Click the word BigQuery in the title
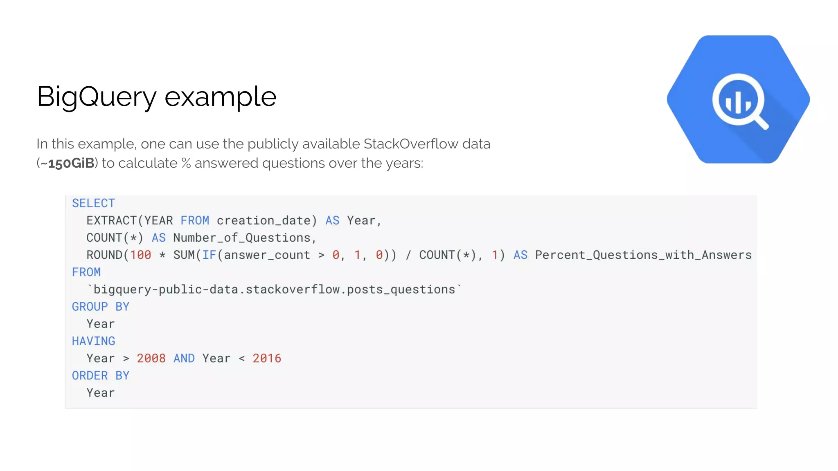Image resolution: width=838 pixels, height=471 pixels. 97,97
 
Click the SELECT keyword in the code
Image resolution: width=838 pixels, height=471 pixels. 93,203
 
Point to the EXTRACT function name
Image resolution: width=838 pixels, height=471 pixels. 111,221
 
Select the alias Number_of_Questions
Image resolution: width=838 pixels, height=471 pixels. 241,238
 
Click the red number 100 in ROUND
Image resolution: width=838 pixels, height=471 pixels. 140,255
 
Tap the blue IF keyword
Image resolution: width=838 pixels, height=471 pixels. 209,255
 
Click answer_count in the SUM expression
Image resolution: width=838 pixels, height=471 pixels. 267,255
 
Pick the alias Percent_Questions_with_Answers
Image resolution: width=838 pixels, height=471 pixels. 643,255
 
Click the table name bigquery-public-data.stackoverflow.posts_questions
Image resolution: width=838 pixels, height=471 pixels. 274,289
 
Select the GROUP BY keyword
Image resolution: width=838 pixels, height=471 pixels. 100,307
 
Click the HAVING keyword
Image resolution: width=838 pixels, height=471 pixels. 93,341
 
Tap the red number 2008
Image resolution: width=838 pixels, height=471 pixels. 151,359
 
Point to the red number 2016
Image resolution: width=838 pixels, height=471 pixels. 267,359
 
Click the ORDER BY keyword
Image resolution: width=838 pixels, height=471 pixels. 100,376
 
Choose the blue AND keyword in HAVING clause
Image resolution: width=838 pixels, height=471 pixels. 184,359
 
